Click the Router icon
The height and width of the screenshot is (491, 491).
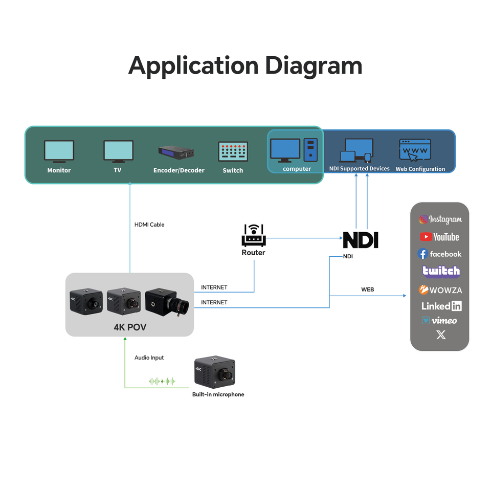click(x=254, y=235)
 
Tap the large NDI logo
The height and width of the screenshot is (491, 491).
click(x=361, y=240)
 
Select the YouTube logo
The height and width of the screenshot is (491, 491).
click(x=439, y=237)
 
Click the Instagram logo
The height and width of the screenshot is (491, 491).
click(x=440, y=219)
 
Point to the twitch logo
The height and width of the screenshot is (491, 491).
click(x=441, y=271)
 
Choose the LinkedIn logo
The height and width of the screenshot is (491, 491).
click(x=441, y=306)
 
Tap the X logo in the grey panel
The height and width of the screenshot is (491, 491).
click(x=441, y=335)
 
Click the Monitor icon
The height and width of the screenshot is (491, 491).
click(x=59, y=151)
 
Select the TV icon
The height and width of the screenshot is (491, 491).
click(x=118, y=151)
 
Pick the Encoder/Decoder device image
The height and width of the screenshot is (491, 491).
click(x=176, y=152)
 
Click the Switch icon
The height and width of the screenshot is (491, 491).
click(x=233, y=151)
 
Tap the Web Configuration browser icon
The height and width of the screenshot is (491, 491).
click(x=415, y=150)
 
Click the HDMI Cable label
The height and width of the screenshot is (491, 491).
click(x=149, y=225)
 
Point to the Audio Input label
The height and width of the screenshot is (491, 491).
click(x=149, y=358)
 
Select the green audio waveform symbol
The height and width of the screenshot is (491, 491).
click(x=162, y=381)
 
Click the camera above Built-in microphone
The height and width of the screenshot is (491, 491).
click(x=215, y=372)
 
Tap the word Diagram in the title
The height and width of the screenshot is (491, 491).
click(x=314, y=66)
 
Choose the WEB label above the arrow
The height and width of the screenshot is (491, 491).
click(x=368, y=289)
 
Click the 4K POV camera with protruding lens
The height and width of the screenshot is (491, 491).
click(x=167, y=302)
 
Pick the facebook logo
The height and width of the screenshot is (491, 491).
click(x=439, y=254)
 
